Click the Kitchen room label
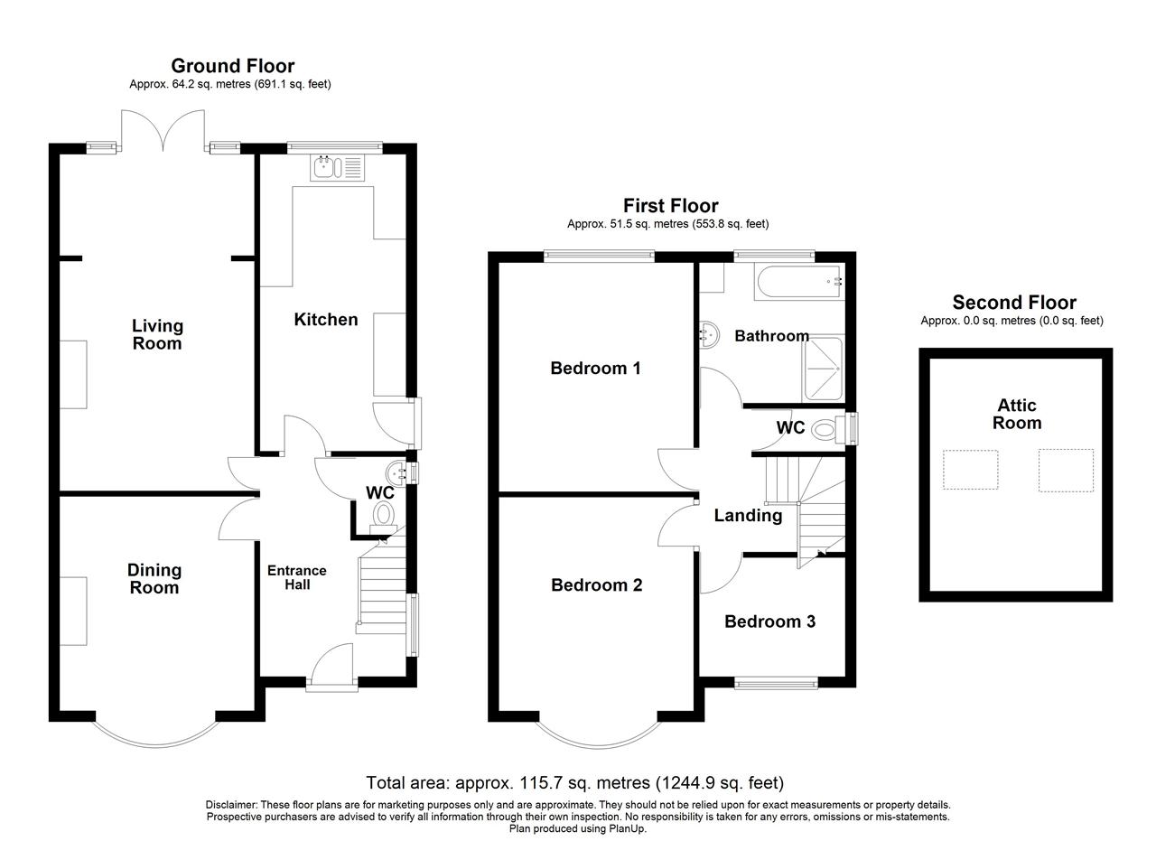(x=326, y=320)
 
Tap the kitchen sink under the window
(x=337, y=168)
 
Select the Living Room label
(x=157, y=334)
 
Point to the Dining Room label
(x=154, y=579)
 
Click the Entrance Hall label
(x=297, y=578)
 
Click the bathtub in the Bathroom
(x=799, y=281)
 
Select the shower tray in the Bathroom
(x=823, y=369)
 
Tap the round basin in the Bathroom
(x=709, y=335)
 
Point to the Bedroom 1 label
(x=595, y=368)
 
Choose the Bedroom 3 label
(x=770, y=621)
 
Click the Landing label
(x=748, y=515)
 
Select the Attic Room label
(x=1017, y=414)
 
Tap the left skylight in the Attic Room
(x=970, y=470)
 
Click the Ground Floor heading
(x=233, y=66)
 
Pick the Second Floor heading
(x=1014, y=302)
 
